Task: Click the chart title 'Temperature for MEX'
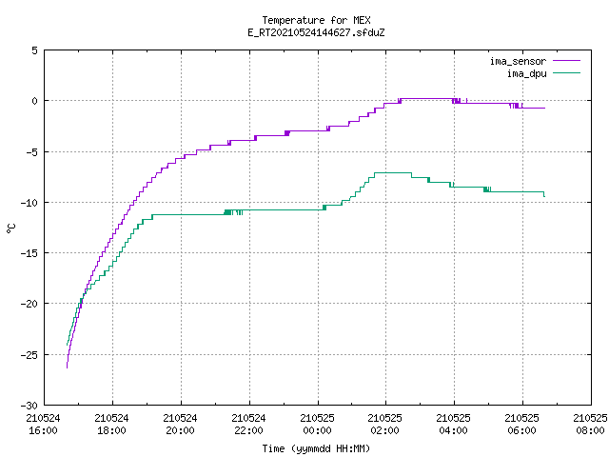coord(316,20)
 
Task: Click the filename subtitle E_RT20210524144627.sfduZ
coord(316,32)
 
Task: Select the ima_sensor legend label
coord(518,61)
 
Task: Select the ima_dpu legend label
coord(526,73)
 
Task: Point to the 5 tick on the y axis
coord(34,50)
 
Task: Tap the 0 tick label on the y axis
coord(34,101)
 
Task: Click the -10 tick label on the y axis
coord(29,203)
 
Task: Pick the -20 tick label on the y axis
coord(29,304)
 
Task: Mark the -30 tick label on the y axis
coord(29,406)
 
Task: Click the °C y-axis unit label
coord(10,228)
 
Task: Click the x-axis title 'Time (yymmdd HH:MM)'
coord(316,448)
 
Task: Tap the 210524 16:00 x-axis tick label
coord(43,425)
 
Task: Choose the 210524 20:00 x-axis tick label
coord(180,425)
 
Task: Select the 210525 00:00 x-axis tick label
coord(317,425)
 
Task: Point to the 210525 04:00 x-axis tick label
coord(453,425)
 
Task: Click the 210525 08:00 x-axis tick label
coord(590,425)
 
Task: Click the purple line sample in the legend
coord(567,61)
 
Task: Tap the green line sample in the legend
coord(567,73)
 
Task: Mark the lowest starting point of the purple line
coord(67,368)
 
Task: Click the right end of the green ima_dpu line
coord(544,196)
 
